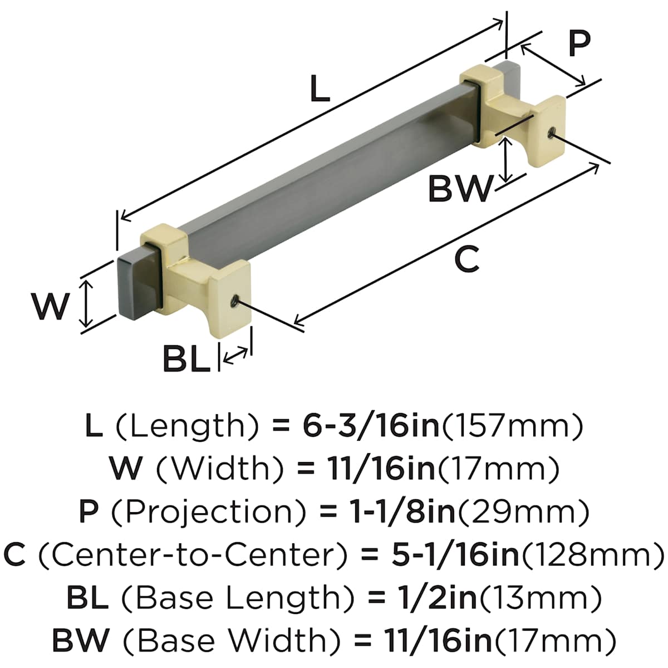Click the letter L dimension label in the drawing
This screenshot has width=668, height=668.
[x=320, y=90]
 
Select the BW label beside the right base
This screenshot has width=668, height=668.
[x=460, y=189]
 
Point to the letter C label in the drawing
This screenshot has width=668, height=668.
[x=466, y=259]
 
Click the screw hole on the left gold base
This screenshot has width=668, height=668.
[x=235, y=302]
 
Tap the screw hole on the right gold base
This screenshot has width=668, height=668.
[x=551, y=132]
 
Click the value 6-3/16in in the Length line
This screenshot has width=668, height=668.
[x=371, y=427]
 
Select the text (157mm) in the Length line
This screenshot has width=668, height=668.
[x=512, y=427]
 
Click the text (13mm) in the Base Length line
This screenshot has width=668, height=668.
[x=540, y=598]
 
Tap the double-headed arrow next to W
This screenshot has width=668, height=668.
[x=86, y=304]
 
